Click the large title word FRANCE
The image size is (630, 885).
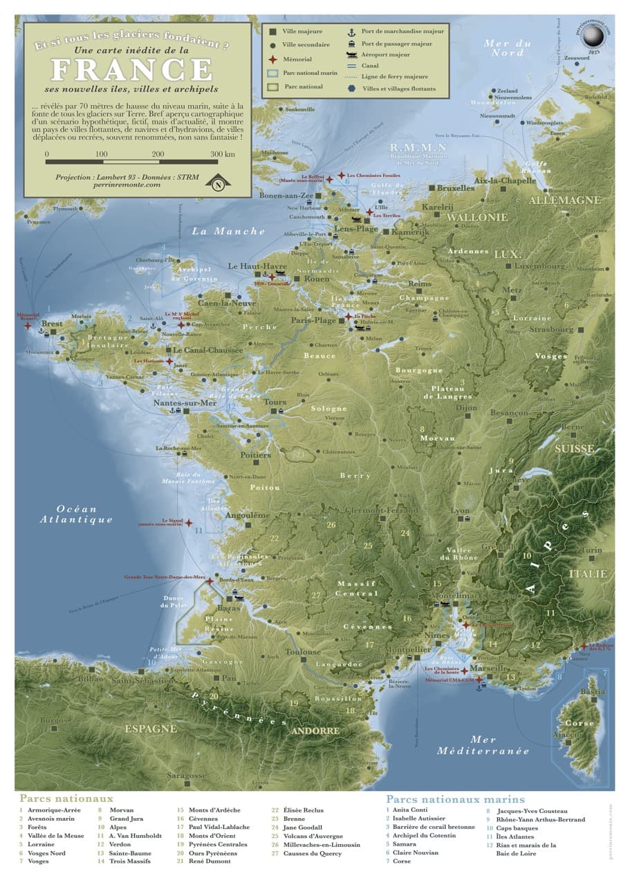pos(132,69)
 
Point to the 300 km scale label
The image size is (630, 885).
pos(223,153)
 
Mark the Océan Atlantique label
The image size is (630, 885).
pos(76,514)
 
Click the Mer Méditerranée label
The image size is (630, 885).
pos(483,745)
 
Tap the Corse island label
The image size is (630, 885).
pos(579,723)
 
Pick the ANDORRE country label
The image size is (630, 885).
pos(315,730)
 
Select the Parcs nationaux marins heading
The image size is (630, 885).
pos(455,799)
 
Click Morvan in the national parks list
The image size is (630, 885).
pos(121,810)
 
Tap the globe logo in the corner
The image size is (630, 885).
pos(591,35)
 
